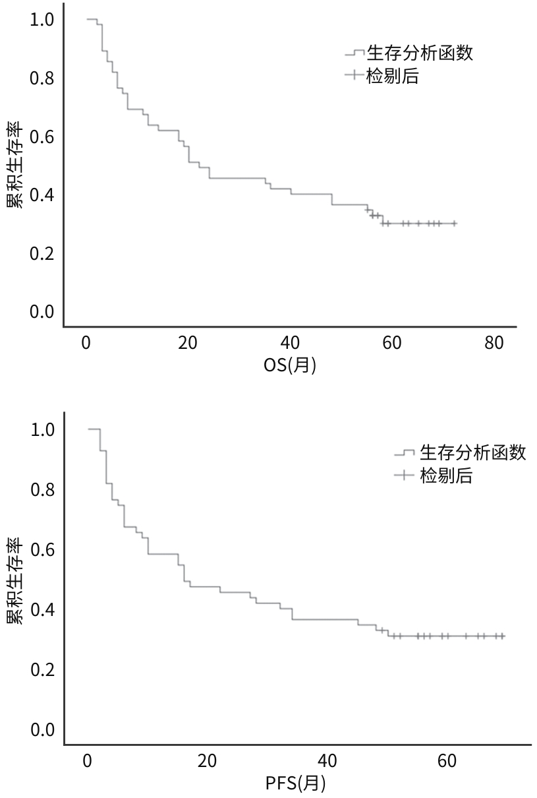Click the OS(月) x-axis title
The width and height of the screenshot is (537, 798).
coord(289,364)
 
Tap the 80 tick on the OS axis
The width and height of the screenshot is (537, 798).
coord(494,343)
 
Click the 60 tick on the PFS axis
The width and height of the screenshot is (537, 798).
coord(447,761)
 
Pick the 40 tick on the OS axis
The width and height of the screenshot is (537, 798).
coord(290,343)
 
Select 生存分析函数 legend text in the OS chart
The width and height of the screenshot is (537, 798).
coord(420,53)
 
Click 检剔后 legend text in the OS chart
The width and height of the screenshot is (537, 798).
coord(393,76)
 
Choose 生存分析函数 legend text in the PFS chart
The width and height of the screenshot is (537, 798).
coord(473,452)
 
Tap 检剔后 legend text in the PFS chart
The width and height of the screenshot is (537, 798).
coord(446,475)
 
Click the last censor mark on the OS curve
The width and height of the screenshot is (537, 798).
coord(454,224)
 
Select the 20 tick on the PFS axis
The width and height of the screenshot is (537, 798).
coord(207,761)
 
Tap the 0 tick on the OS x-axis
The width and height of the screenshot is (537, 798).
coord(86,343)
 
